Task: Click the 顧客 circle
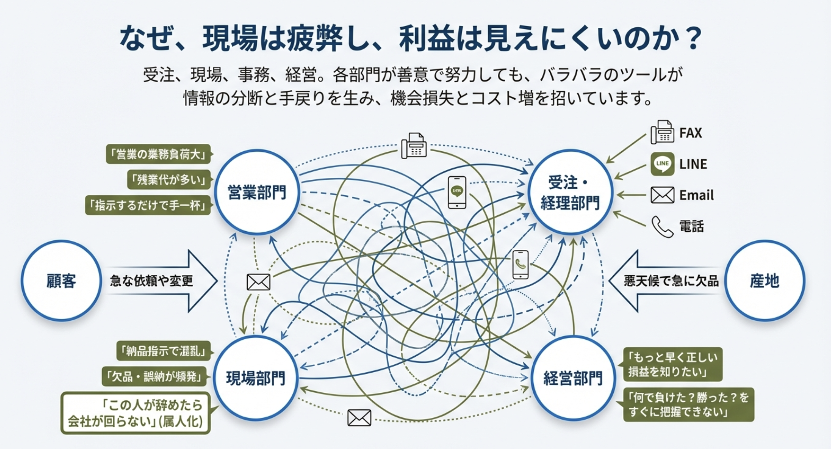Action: coord(61,281)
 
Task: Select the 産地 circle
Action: coord(764,281)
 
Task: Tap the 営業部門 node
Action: coord(257,192)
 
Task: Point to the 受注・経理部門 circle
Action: coord(570,192)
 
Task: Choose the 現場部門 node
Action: coord(256,378)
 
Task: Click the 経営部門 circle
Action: coord(573,378)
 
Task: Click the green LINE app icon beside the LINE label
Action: coord(662,164)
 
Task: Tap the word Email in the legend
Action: coord(696,195)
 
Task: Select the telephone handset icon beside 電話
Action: coord(662,227)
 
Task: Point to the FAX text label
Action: coord(691,133)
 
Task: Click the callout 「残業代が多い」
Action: coord(169,180)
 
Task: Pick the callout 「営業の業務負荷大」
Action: coord(158,154)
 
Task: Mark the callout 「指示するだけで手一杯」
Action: coord(148,205)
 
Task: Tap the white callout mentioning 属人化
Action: coord(135,413)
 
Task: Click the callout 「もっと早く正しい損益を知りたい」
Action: coord(673,364)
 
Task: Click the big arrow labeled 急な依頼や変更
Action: coord(162,281)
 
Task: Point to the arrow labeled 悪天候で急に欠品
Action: coord(665,281)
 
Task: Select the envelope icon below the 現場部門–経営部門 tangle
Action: coord(359,418)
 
